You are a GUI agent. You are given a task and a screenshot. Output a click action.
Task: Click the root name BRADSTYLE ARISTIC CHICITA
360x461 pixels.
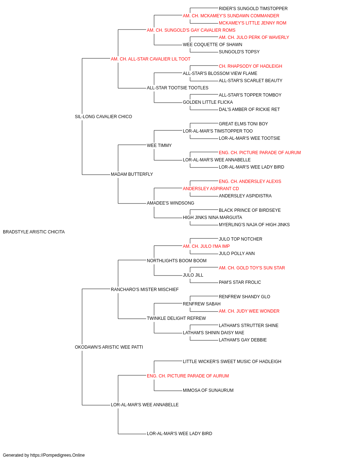click(34, 232)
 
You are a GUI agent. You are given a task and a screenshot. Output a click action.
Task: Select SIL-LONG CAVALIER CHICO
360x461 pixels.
click(103, 117)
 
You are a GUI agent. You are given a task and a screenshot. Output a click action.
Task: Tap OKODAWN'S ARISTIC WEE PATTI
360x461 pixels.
click(109, 347)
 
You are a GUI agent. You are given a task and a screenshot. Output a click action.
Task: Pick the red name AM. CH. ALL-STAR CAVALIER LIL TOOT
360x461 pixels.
click(150, 59)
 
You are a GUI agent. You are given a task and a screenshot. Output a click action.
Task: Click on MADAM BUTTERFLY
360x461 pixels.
click(132, 174)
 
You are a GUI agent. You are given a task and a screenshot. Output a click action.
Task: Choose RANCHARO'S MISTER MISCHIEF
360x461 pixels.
click(145, 289)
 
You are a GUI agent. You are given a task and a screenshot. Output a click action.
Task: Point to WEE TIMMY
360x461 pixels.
click(159, 145)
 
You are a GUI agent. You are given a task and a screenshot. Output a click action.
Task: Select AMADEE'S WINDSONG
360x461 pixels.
click(170, 203)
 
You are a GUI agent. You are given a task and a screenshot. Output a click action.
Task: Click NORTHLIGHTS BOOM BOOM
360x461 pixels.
click(176, 260)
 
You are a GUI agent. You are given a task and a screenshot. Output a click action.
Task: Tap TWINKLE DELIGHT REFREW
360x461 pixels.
click(176, 318)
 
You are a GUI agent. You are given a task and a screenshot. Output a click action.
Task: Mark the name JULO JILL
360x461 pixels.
click(193, 275)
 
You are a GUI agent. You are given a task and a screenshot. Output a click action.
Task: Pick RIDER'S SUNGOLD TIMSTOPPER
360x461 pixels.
click(253, 9)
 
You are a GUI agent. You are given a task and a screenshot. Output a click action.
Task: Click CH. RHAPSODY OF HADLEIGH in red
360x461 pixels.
click(250, 66)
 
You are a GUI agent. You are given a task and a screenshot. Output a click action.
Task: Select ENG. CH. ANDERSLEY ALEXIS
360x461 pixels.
click(250, 182)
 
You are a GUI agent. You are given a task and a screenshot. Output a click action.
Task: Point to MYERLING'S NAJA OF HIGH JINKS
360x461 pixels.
click(254, 225)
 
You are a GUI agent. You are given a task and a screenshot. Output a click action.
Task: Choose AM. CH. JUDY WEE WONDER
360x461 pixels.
click(249, 311)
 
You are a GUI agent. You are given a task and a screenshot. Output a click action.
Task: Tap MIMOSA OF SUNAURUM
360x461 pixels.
click(208, 390)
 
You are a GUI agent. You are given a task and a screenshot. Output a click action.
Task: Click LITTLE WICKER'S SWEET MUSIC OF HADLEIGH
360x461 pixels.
click(232, 362)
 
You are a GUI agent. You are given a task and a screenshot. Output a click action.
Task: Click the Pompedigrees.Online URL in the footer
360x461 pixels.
click(57, 455)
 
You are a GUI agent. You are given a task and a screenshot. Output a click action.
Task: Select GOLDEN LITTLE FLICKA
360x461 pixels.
click(208, 102)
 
